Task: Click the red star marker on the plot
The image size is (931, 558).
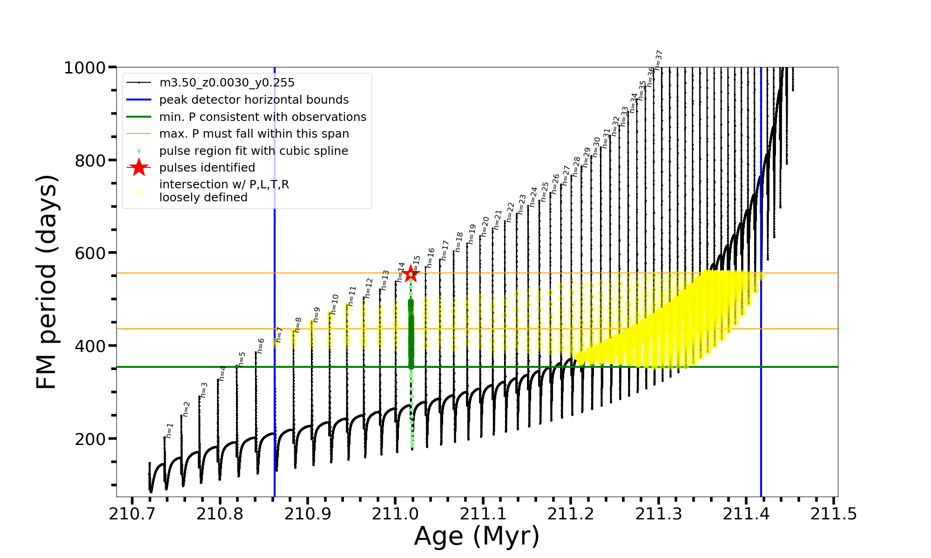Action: (411, 273)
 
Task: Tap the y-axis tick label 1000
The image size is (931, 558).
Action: (85, 68)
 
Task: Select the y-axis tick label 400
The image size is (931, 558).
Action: (90, 346)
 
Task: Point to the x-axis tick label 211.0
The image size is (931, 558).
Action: (395, 514)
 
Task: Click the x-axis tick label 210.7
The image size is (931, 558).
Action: (132, 514)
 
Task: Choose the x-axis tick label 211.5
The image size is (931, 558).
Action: (833, 514)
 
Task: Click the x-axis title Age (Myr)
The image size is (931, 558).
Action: (477, 536)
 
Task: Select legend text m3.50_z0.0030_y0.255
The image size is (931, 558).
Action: (227, 83)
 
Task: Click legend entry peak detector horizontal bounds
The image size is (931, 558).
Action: (254, 100)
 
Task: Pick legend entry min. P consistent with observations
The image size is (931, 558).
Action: (263, 117)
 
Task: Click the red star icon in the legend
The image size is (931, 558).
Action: (139, 167)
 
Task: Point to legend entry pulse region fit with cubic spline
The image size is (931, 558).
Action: (253, 151)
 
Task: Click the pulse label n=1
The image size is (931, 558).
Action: (169, 430)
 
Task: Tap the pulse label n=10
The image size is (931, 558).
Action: (335, 304)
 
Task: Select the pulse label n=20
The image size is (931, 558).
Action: (485, 226)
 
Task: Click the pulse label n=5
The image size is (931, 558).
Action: (242, 359)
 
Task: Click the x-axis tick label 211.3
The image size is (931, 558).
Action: (658, 514)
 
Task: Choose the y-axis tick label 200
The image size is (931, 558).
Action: (90, 439)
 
